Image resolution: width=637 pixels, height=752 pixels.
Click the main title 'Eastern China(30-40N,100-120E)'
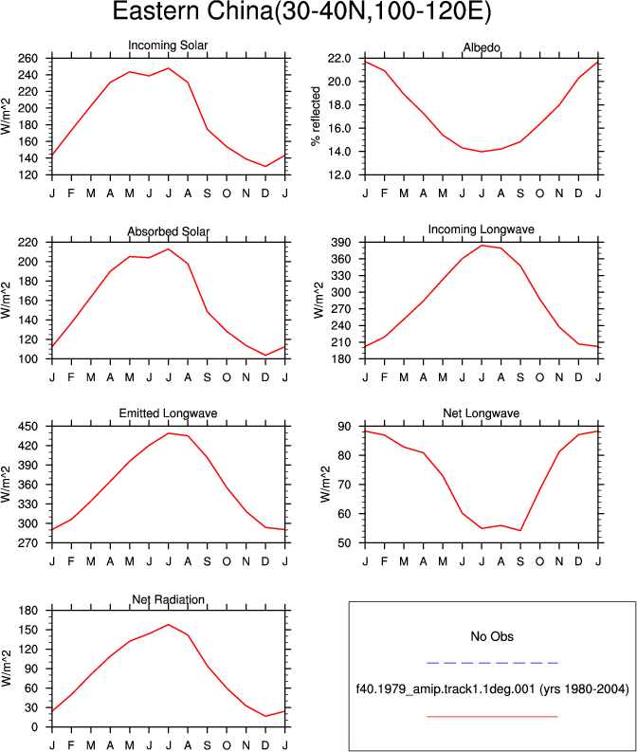[x=302, y=10]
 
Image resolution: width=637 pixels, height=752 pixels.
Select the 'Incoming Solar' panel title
[x=168, y=46]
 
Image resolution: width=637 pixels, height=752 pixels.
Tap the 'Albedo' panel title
[x=482, y=47]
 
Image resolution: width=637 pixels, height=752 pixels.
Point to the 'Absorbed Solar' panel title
[x=168, y=231]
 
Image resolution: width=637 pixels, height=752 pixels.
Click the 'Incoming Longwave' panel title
[x=482, y=229]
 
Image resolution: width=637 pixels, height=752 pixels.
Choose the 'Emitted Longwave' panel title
[x=168, y=413]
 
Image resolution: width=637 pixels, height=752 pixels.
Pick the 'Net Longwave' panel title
[x=482, y=413]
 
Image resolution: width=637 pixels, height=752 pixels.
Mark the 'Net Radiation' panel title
[x=168, y=599]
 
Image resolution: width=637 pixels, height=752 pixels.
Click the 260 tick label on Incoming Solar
[x=27, y=59]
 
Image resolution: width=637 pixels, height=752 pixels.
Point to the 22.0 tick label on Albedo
[x=339, y=59]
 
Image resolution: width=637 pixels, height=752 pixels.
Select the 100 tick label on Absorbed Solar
[x=27, y=358]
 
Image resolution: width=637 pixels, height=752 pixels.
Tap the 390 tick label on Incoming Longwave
[x=341, y=242]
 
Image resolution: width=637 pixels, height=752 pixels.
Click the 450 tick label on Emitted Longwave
[x=27, y=427]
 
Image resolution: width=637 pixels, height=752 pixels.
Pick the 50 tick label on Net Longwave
[x=344, y=542]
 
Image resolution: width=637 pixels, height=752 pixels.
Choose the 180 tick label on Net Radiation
[x=27, y=611]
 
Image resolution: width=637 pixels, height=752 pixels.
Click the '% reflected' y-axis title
[x=316, y=116]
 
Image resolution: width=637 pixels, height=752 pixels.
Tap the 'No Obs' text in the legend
[x=492, y=636]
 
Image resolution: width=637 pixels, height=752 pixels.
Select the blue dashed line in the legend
[x=492, y=663]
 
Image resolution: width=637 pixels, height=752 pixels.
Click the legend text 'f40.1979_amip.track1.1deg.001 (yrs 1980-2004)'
[x=492, y=689]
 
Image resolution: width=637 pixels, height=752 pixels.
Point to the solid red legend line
[x=492, y=717]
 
